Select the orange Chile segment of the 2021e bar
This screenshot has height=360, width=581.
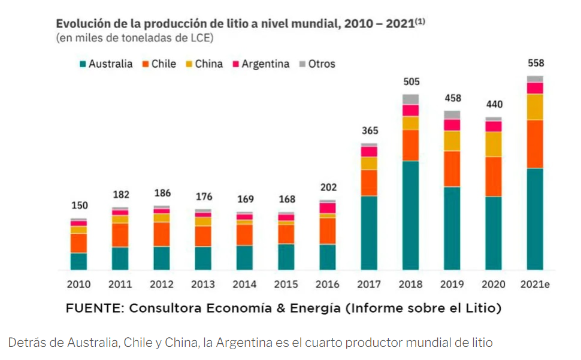click(535, 144)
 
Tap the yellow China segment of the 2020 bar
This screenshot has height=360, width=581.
click(494, 144)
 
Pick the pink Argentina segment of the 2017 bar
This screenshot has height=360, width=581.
click(369, 152)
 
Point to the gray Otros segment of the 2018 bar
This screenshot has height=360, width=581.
click(410, 99)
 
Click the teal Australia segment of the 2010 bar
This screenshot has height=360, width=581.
click(78, 261)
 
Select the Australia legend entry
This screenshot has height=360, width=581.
click(105, 64)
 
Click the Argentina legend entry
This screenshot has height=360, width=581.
click(261, 64)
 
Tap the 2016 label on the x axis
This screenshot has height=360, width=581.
click(327, 284)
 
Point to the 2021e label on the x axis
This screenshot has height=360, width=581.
click(535, 284)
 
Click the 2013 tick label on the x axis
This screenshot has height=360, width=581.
click(202, 284)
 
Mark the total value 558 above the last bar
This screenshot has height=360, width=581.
click(535, 63)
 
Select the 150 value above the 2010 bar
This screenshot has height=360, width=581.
click(78, 205)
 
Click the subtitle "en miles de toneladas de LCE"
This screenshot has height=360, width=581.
click(135, 38)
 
